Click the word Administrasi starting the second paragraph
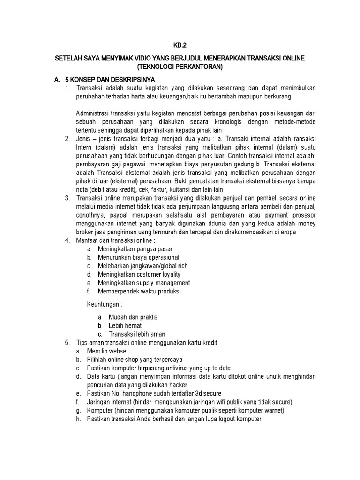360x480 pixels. (92, 112)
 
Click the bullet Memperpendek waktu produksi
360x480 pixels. (139, 291)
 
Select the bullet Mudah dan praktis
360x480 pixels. (133, 317)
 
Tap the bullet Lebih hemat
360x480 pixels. (125, 325)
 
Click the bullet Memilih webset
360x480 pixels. (107, 351)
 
